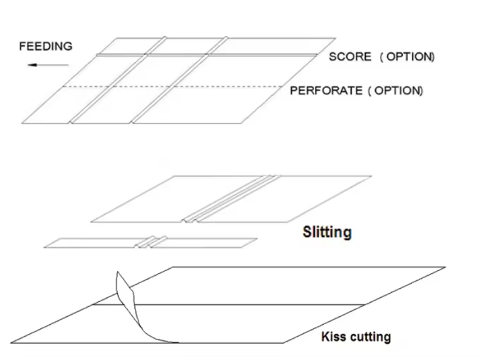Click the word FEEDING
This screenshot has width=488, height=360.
pos(46,47)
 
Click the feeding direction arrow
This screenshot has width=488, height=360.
pos(48,65)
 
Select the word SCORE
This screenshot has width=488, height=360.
pos(350,56)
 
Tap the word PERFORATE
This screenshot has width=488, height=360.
pos(326,90)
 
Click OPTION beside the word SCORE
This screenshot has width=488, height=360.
pos(410,56)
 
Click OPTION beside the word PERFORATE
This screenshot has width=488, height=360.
pos(398,90)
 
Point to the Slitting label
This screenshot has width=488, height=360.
pos(327,232)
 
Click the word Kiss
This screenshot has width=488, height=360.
pos(333,336)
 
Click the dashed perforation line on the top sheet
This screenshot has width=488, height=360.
pos(173,87)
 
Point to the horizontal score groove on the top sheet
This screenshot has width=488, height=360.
pos(207,55)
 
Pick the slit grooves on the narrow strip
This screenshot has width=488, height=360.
pos(151,241)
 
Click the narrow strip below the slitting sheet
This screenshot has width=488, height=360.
pos(150,243)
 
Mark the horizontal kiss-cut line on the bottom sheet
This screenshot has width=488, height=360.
pos(229,305)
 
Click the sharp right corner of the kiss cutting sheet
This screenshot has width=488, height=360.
pos(446,267)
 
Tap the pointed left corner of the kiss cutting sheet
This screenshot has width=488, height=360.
pos(11,343)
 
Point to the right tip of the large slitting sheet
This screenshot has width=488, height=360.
pos(371,176)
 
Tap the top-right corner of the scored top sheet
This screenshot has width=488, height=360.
pos(335,38)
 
